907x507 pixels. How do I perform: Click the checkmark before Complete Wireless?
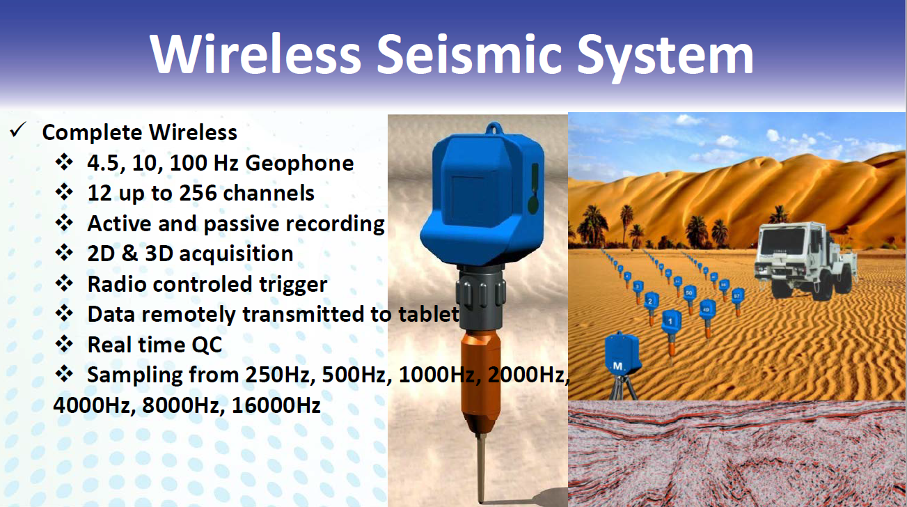tap(18, 130)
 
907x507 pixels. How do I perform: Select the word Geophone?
tap(299, 163)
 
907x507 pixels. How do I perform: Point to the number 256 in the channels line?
tap(198, 193)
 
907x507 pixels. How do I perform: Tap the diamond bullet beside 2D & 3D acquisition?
tap(64, 253)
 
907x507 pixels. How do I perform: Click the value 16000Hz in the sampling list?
tap(276, 405)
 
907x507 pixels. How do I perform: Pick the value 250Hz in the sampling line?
tap(280, 375)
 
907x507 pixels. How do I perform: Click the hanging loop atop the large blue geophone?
tap(494, 128)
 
